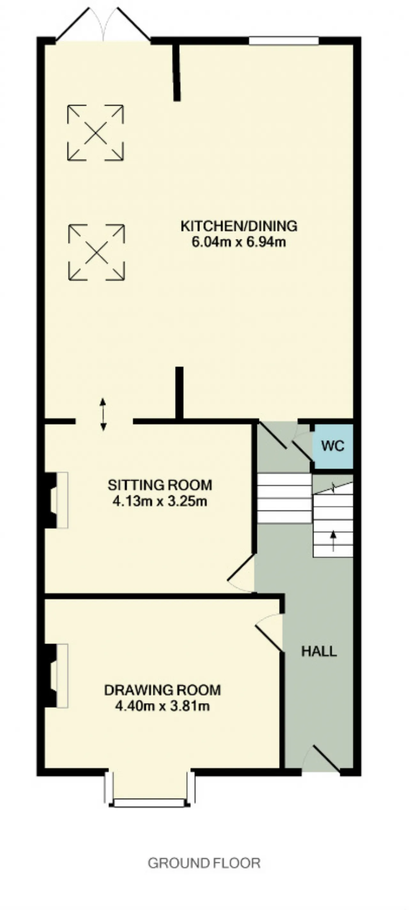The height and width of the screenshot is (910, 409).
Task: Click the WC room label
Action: (333, 446)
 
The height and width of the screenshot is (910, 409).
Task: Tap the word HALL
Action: (319, 651)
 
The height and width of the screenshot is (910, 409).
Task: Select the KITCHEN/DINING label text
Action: (239, 226)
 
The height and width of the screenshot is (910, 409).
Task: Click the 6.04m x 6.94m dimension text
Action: (239, 242)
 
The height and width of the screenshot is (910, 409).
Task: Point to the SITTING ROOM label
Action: (160, 485)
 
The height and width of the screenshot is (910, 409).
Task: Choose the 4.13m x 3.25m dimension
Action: (160, 501)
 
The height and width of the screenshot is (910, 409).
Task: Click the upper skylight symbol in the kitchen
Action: (95, 133)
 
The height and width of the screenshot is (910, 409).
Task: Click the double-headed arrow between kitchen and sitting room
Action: (103, 414)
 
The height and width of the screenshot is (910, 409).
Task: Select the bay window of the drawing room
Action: (150, 785)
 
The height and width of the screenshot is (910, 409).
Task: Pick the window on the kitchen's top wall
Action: (284, 41)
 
